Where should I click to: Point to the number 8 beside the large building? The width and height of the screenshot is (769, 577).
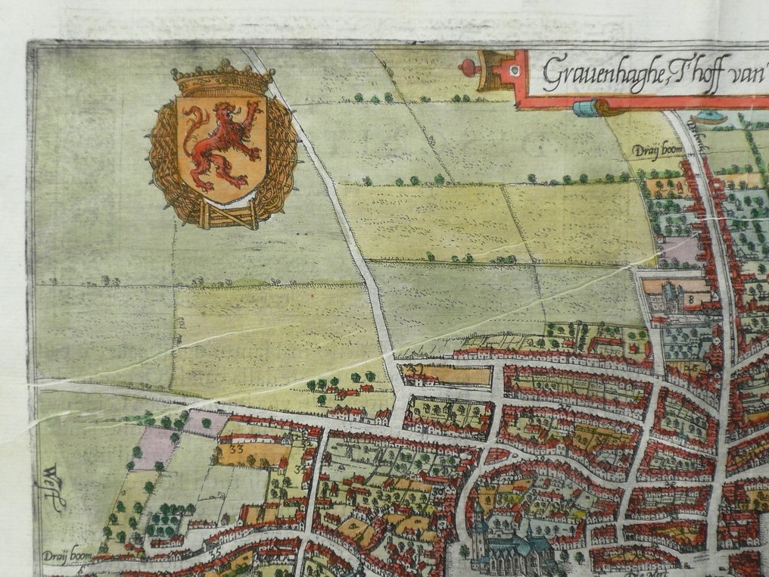690,299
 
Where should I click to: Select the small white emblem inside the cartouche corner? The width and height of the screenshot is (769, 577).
515,70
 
